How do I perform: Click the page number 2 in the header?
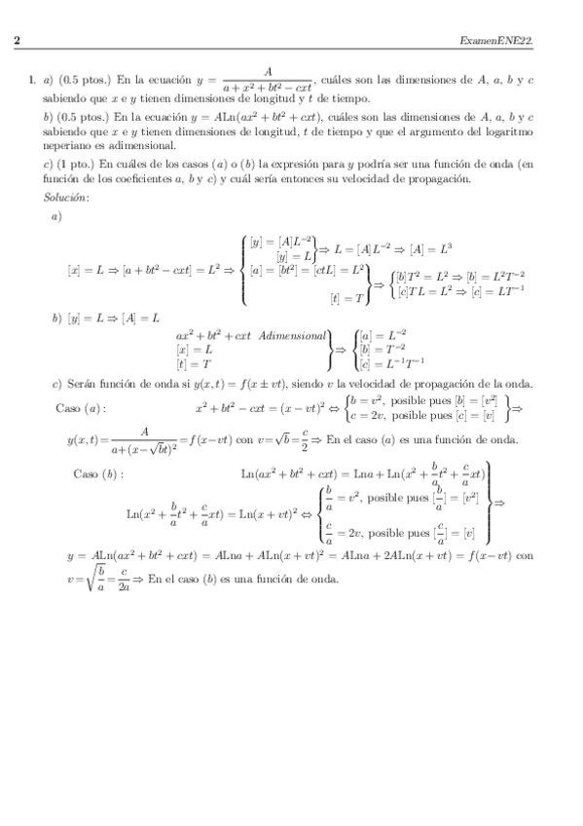18,40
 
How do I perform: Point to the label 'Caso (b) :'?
98,473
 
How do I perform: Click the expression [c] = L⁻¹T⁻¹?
392,363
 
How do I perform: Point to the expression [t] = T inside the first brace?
347,297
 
